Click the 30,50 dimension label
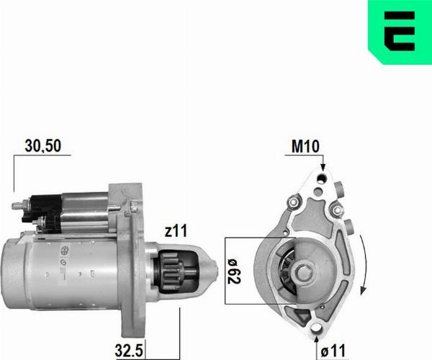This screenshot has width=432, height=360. point(43,145)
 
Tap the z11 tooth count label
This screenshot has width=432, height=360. point(175,231)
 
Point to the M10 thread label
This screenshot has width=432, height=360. point(306,147)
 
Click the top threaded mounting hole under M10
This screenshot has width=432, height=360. point(322,177)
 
